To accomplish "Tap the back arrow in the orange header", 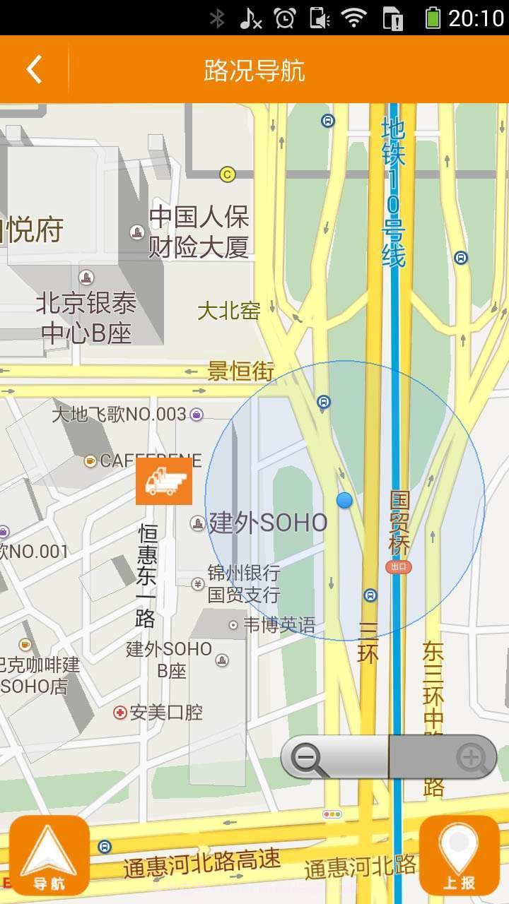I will point(34,70).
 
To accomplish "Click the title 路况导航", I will point(255,71).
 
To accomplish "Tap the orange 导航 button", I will point(49,855).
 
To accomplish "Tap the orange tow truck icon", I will point(164,481).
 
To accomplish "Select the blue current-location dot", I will point(344,501).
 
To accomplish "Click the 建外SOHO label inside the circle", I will point(268,523).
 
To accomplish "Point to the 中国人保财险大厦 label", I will point(199,232).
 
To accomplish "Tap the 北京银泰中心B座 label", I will point(86,318).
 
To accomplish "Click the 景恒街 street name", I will point(240,371).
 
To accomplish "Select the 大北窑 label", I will point(228,311).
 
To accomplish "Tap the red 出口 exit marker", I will point(399,566).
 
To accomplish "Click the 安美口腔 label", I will point(166,713).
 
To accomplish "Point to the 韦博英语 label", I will point(279,625).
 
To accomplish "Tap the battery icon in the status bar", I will point(433,18).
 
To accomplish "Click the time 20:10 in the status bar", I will point(476,18).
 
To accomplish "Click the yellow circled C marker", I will point(227,174).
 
